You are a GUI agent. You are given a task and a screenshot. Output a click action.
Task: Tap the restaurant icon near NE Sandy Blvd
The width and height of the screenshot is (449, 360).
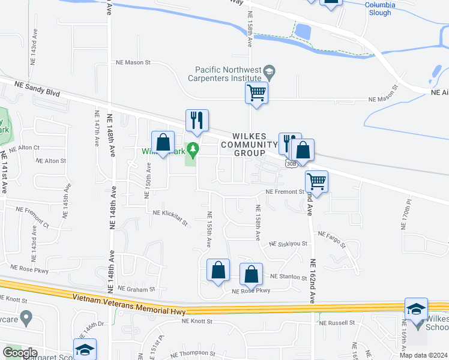coord(197,121)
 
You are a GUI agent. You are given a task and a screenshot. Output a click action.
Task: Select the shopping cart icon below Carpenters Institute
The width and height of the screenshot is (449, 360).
coord(257,93)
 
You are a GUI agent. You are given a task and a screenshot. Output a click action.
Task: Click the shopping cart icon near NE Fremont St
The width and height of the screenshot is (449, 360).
coord(317,181)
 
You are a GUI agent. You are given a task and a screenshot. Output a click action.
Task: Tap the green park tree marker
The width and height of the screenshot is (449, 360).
coord(192,148)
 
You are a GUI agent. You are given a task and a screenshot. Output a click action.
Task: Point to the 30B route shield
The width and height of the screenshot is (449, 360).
coord(292,163)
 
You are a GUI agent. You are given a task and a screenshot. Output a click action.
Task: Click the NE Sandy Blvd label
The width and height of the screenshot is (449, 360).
coord(35,88)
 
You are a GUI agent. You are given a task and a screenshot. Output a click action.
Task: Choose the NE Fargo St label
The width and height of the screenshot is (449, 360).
coord(332,238)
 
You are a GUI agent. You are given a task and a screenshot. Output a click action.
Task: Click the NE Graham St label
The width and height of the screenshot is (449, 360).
coord(137,289)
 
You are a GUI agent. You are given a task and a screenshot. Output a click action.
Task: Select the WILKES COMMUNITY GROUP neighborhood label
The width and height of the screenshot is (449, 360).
coord(250,144)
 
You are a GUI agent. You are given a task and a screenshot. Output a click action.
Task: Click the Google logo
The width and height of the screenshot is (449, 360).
coord(20,352)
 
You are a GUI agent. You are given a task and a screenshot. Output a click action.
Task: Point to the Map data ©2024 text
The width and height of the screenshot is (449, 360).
coord(423,355)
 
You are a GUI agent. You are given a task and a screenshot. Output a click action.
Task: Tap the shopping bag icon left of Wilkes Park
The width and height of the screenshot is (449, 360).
coord(163,142)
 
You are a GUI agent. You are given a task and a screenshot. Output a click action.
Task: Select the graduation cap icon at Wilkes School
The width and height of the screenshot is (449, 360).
coord(416,308)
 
